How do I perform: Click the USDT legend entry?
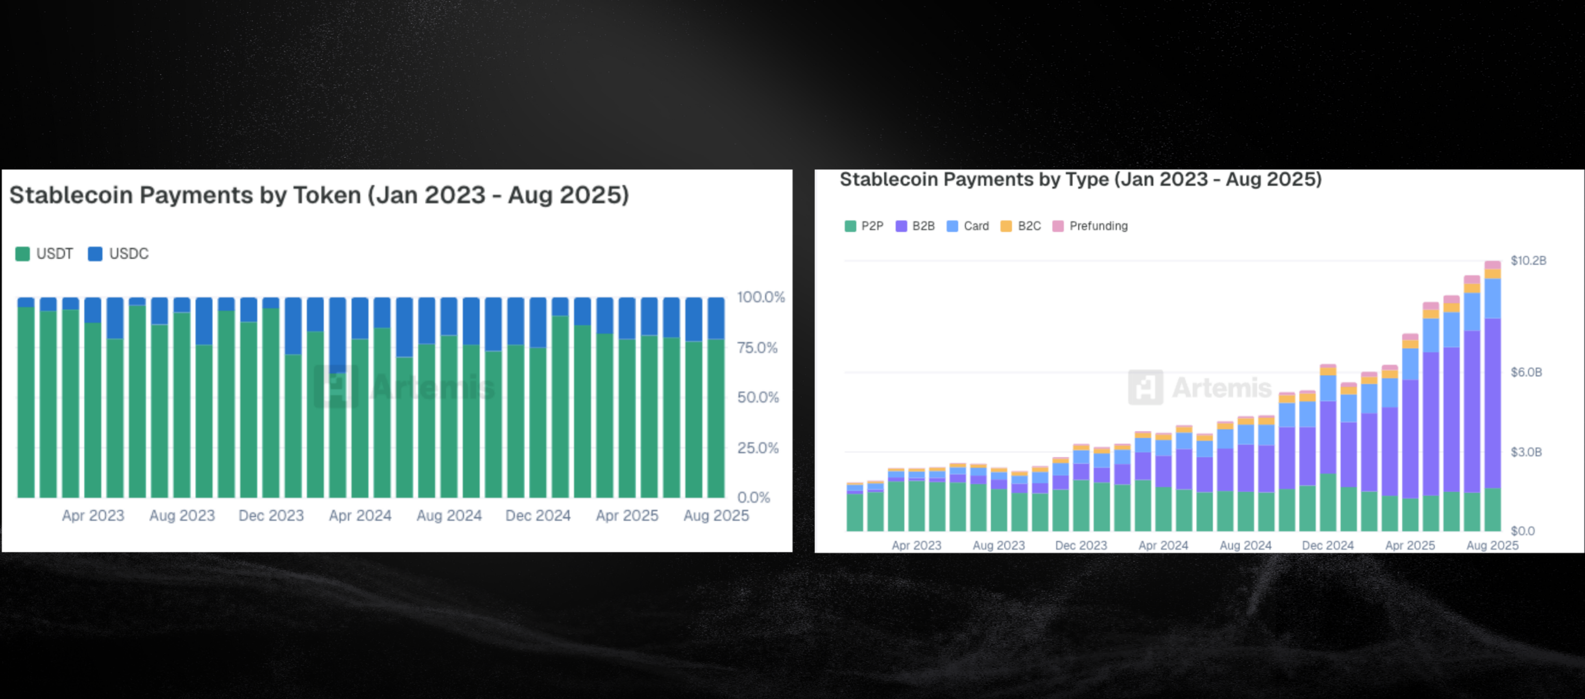coord(45,254)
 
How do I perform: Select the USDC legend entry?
coord(118,254)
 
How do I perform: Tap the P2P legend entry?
coord(864,226)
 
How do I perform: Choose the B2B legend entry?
coord(915,226)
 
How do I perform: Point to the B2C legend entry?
coord(1021,226)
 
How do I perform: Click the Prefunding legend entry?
coord(1090,226)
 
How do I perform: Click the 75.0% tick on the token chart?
coord(758,348)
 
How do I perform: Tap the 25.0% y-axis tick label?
coord(758,448)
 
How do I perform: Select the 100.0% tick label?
coord(761,297)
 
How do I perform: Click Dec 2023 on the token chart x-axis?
coord(271,516)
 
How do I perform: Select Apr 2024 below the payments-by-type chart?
coord(1163,545)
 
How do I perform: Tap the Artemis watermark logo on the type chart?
coord(1146,387)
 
